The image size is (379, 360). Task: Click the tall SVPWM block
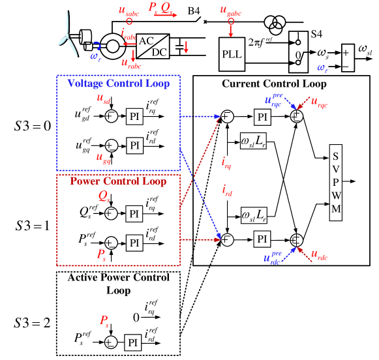point(335,183)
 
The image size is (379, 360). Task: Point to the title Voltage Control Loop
point(118,83)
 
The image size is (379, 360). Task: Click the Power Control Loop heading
point(118,181)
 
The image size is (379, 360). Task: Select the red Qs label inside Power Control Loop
point(104,196)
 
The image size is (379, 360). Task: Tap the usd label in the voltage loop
point(103,98)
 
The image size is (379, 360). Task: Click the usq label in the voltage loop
point(102,158)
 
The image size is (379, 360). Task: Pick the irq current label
point(226,165)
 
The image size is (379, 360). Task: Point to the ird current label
point(226,190)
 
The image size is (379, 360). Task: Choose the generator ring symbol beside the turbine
point(114,46)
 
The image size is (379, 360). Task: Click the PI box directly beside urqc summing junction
point(262,117)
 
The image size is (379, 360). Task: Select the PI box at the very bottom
point(133,342)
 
